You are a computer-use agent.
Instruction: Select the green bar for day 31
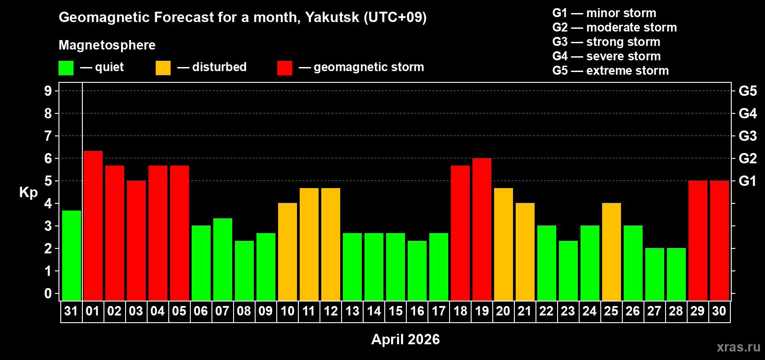coord(72,255)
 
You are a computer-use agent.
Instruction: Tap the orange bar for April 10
coord(288,252)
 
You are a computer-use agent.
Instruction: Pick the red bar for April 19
coord(482,229)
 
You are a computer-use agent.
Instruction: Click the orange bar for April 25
coord(612,252)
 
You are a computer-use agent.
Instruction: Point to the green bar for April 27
coord(655,274)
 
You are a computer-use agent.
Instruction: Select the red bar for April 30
coord(720,240)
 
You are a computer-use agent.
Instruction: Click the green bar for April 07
coord(223,259)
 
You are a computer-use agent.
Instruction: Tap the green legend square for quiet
coord(66,68)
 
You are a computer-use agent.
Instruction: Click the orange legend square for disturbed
coord(163,68)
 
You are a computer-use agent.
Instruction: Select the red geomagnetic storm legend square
coord(284,68)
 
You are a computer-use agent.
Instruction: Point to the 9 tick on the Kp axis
coord(48,91)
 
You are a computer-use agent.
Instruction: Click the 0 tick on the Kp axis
coord(48,294)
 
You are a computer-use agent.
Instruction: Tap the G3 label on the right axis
coord(747,136)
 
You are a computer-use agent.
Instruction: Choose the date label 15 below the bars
coord(396,311)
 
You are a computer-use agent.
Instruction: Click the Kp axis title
coord(28,193)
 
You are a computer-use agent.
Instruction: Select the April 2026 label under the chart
coord(405,339)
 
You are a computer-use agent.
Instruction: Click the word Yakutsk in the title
coord(332,18)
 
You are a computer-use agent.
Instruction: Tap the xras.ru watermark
coord(738,347)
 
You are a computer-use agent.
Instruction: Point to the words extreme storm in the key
coord(627,71)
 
